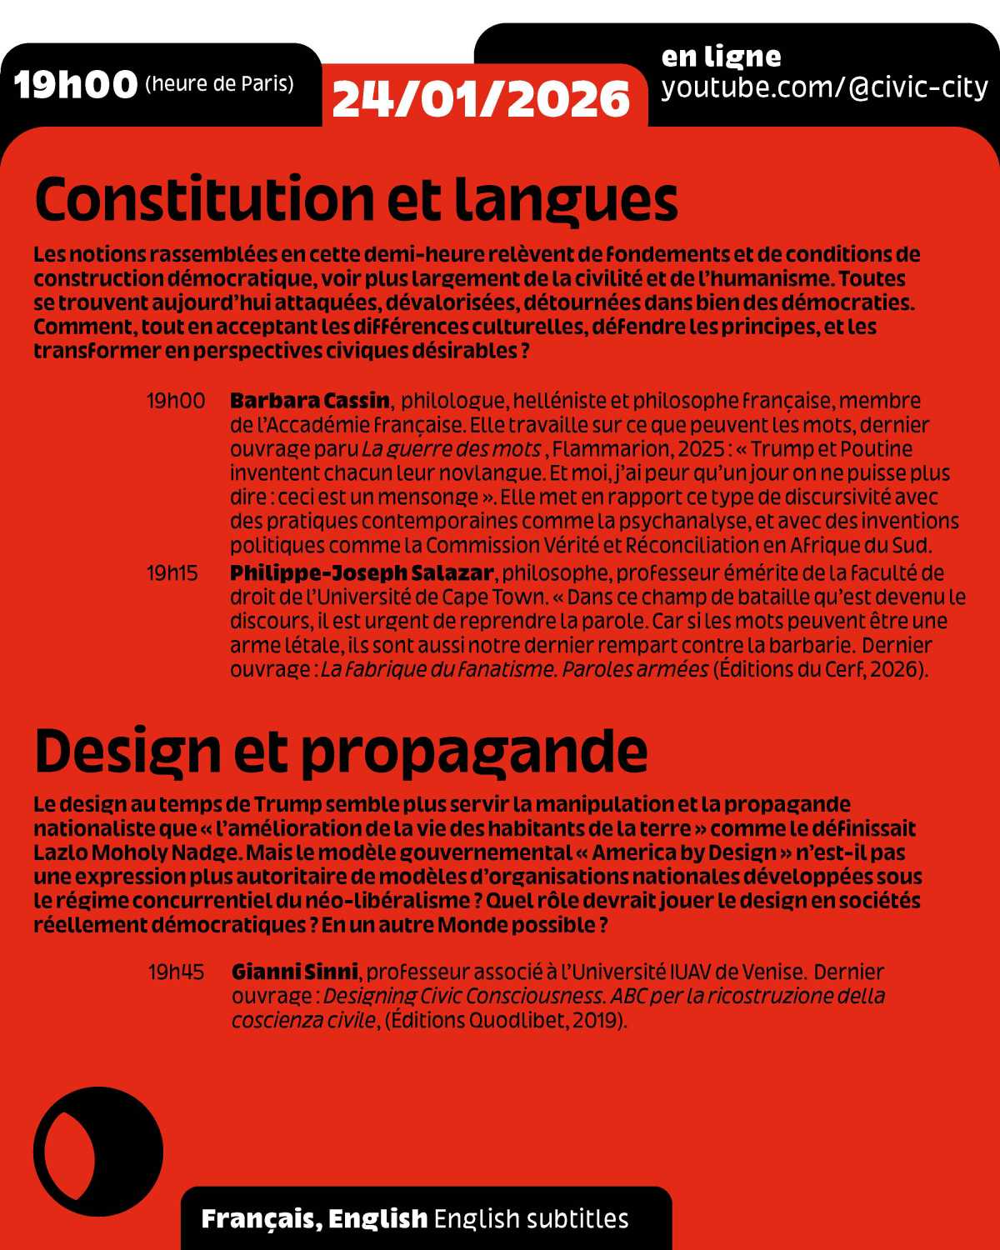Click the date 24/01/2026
(x=481, y=99)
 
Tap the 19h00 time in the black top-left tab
(x=76, y=84)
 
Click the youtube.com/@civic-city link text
(x=824, y=87)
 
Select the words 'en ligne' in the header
(x=721, y=57)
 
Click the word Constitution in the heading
(x=205, y=199)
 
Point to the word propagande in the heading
(x=474, y=752)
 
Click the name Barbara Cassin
(x=310, y=400)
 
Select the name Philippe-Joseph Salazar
(x=362, y=572)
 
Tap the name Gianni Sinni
(x=295, y=972)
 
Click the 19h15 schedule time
(x=172, y=573)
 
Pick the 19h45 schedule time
(x=176, y=972)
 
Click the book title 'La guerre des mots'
(x=451, y=449)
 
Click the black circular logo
(x=98, y=1152)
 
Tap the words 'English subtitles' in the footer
(x=531, y=1218)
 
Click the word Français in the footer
(x=257, y=1218)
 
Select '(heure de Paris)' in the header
(x=219, y=84)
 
